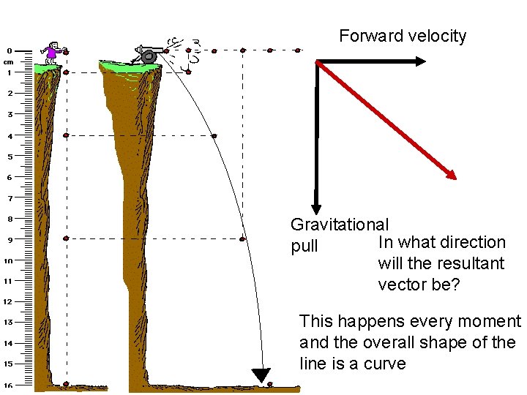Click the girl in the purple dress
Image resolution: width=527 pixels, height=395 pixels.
[52, 50]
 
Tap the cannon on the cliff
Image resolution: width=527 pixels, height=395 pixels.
[147, 54]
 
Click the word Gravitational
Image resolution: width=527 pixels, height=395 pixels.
[340, 225]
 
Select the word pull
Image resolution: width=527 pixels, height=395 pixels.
[304, 247]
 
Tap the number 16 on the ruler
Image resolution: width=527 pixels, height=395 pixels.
[9, 384]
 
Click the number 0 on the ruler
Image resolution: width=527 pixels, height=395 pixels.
[9, 51]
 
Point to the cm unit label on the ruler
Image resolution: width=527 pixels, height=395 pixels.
[8, 61]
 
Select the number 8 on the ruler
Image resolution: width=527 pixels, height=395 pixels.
[10, 219]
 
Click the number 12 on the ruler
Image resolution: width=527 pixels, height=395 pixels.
[8, 301]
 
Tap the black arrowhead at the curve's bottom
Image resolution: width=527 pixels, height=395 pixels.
[261, 376]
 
